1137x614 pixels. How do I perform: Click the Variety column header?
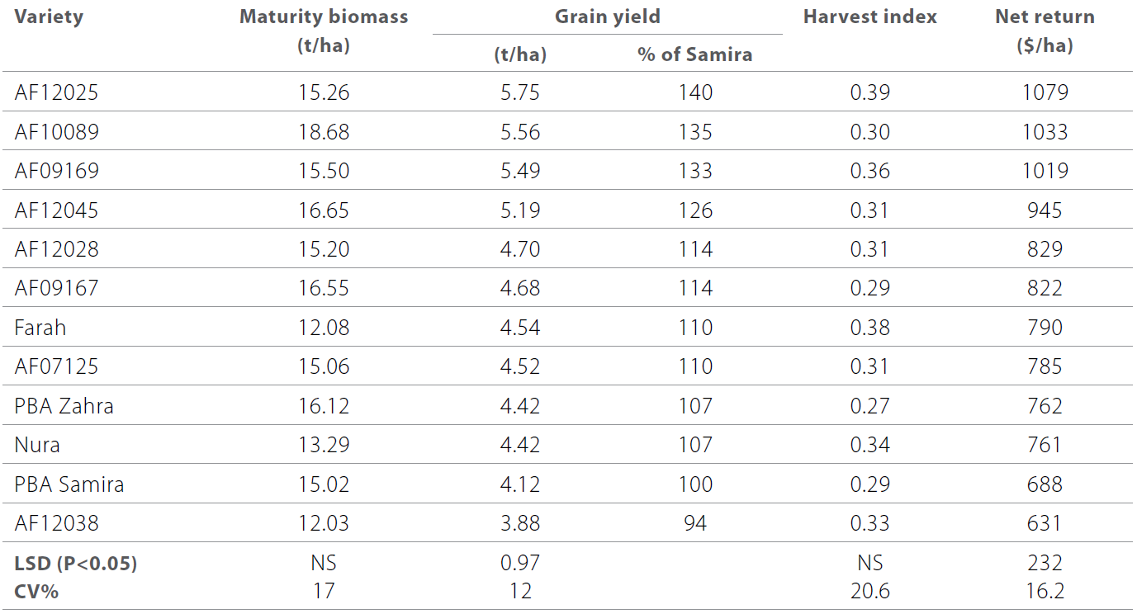49,17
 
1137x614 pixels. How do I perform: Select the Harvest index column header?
869,17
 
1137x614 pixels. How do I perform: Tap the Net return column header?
1045,17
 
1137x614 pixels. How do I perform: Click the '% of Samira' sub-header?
694,55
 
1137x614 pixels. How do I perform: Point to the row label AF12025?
56,92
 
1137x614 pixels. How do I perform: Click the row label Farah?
40,328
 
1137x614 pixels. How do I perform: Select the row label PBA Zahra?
64,406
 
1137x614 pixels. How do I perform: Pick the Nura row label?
37,445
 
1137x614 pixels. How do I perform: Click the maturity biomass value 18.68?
324,132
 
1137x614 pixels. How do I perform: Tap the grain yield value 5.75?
520,92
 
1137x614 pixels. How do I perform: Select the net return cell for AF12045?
1045,210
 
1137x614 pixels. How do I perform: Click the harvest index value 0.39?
869,92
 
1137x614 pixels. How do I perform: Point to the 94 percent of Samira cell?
695,523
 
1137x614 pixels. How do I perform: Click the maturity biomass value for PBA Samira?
324,484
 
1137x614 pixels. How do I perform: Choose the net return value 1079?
1045,92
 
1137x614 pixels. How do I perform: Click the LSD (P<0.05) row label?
75,564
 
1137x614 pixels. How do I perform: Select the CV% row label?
36,591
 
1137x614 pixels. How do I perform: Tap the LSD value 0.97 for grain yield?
520,564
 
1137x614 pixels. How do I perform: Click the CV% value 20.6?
869,591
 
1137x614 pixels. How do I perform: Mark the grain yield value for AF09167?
520,289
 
